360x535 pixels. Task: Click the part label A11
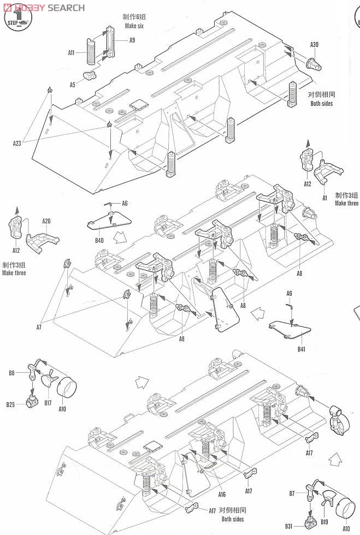click(x=71, y=52)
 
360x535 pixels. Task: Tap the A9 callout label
click(x=132, y=40)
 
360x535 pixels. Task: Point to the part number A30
click(x=314, y=45)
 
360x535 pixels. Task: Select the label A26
click(x=46, y=221)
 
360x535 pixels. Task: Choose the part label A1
click(x=324, y=198)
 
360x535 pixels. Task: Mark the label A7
click(x=39, y=327)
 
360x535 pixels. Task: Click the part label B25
click(x=11, y=405)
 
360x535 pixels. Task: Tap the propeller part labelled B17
click(x=49, y=378)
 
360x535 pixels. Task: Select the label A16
click(x=221, y=495)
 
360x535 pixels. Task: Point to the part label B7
click(x=292, y=494)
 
